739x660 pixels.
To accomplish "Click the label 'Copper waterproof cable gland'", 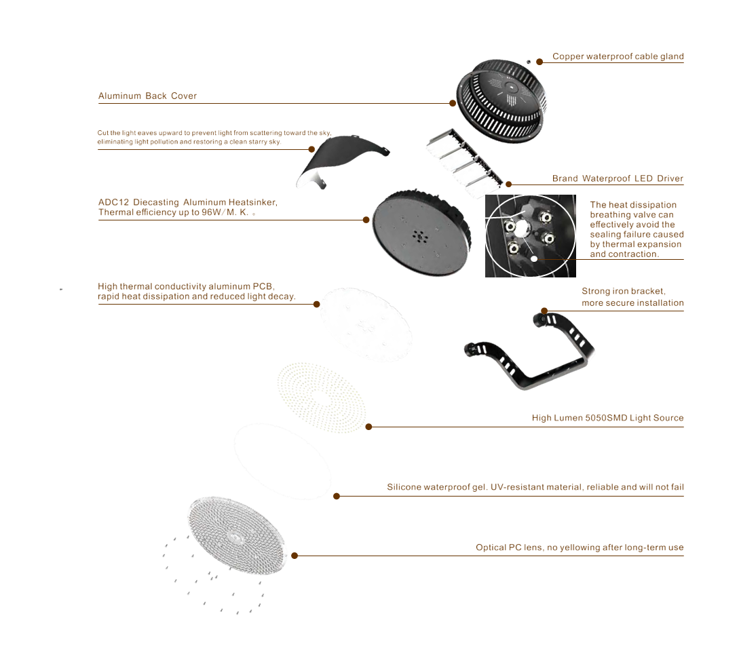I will tap(618, 56).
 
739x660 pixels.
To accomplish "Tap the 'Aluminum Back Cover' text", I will tap(147, 96).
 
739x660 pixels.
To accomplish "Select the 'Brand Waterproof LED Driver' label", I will tap(618, 179).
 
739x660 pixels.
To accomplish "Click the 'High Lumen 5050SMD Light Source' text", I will tap(607, 418).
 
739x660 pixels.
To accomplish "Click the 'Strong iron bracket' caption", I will tap(632, 296).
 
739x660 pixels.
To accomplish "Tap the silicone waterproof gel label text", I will tap(535, 487).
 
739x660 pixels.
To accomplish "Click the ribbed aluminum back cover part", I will tap(501, 99).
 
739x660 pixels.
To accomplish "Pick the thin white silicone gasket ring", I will tap(282, 461).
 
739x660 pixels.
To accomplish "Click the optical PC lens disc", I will tap(237, 537).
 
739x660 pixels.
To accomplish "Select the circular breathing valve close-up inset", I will tap(530, 236).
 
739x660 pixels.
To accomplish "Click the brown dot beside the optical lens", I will tap(295, 555).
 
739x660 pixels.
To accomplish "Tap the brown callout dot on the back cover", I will tap(453, 103).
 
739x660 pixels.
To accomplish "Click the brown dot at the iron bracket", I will tap(544, 311).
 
